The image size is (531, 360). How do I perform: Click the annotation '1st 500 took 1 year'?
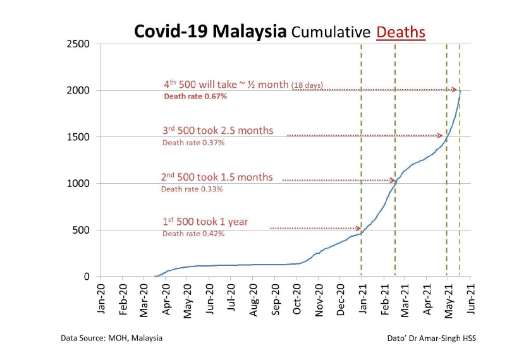[205, 222]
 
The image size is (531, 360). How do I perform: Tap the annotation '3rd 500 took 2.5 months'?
[218, 131]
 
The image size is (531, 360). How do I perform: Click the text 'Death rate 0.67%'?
[195, 97]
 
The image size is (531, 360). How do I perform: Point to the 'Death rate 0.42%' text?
[193, 234]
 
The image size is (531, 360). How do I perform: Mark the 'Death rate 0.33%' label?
[192, 189]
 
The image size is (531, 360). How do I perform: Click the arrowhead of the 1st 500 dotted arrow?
[358, 228]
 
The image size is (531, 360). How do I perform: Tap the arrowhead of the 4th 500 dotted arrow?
[455, 90]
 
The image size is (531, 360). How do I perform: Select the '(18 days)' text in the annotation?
[308, 86]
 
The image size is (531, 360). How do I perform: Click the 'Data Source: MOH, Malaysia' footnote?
[111, 338]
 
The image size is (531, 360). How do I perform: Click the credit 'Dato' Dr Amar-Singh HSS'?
[431, 338]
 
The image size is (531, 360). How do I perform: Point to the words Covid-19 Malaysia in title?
[210, 32]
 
